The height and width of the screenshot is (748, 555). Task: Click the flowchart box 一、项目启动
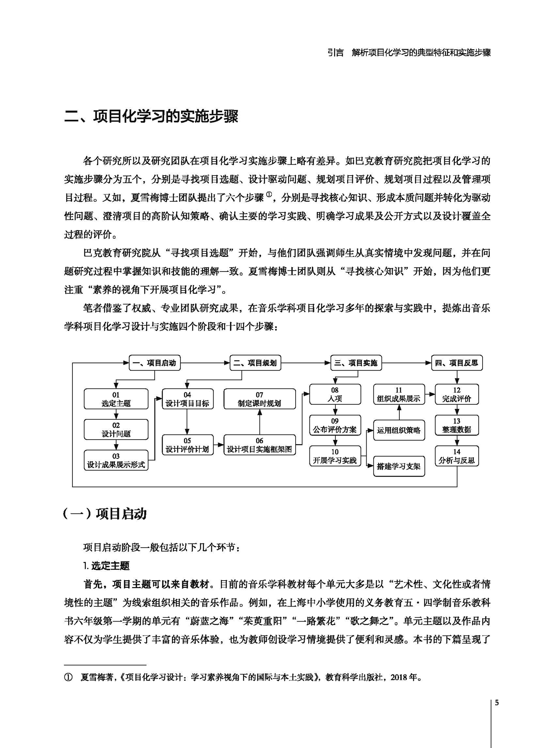(155, 363)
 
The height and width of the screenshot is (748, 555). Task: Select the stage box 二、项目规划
(256, 363)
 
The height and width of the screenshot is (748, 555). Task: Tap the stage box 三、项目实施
(356, 363)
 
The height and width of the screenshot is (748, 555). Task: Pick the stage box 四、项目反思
(457, 363)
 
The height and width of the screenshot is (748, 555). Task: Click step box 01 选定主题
(116, 399)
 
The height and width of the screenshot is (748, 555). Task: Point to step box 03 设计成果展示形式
(116, 460)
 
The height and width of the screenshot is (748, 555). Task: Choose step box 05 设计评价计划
(187, 445)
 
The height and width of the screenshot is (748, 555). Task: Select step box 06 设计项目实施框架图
(259, 445)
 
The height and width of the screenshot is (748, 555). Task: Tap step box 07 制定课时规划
(259, 399)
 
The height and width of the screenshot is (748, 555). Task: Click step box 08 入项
(335, 394)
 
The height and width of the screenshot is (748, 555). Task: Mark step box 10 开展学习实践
(335, 456)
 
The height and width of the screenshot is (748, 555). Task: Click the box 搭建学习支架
(399, 466)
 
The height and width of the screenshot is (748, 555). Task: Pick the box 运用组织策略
(399, 430)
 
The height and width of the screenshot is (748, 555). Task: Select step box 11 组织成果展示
(399, 394)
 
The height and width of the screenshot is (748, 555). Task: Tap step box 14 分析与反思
(457, 456)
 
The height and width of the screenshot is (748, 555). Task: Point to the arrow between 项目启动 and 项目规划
(205, 363)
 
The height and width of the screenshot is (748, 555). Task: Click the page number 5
(497, 703)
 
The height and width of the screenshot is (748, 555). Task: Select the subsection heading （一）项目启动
(105, 514)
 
